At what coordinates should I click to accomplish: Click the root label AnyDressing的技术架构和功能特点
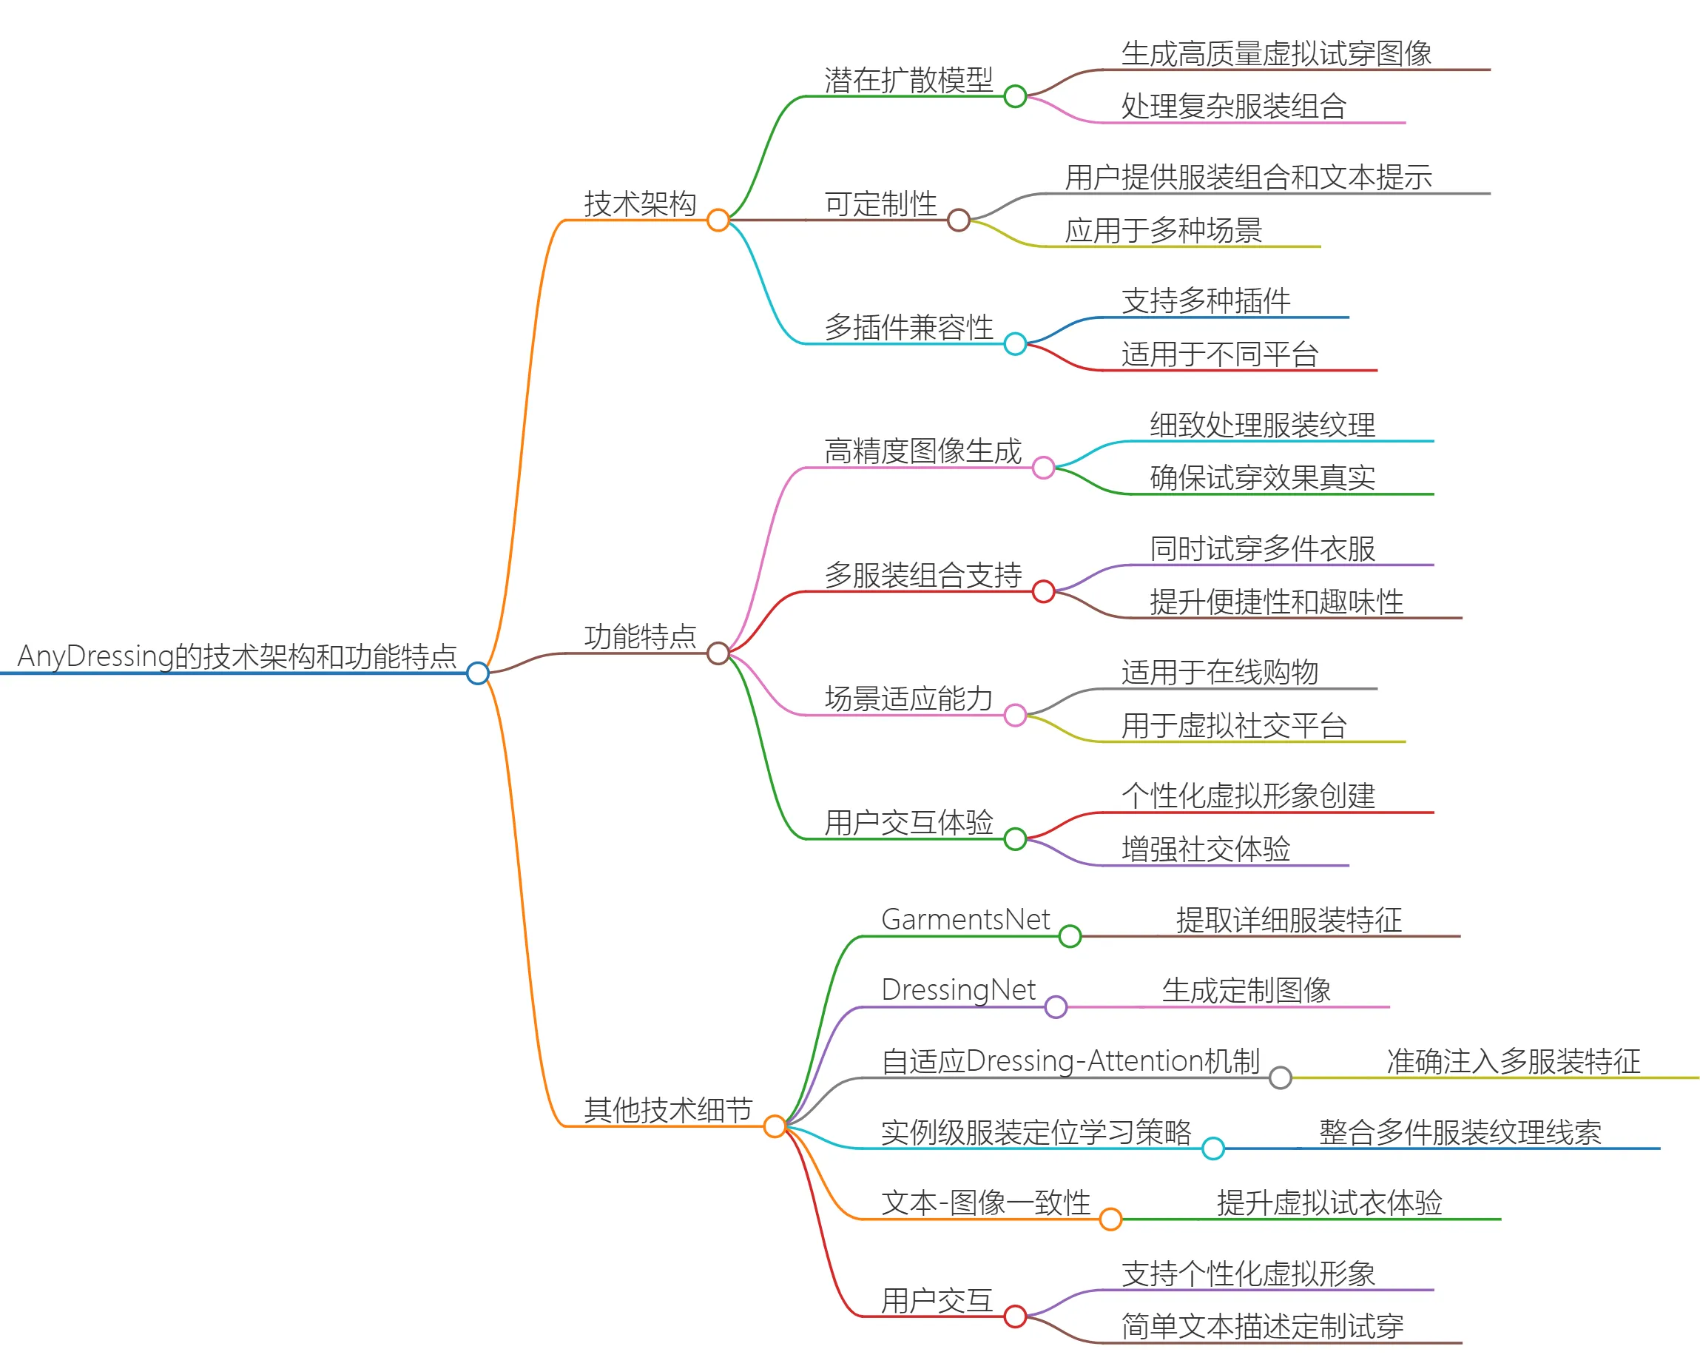tap(237, 656)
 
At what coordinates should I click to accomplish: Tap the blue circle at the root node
tap(478, 673)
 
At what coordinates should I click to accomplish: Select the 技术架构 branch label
tap(639, 203)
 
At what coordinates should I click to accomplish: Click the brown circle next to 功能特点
tap(718, 653)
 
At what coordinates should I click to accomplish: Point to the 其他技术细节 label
tap(668, 1109)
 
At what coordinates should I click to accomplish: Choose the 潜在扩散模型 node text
tap(908, 80)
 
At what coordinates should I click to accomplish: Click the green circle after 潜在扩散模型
tap(1015, 96)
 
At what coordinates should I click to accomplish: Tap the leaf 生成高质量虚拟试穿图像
tap(1276, 53)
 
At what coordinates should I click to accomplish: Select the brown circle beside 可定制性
tap(958, 220)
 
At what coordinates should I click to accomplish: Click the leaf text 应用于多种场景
tap(1163, 230)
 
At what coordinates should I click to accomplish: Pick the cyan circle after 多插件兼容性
tap(1015, 344)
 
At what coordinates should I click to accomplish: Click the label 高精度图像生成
tap(922, 451)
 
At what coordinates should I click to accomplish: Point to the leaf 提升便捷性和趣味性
tap(1276, 602)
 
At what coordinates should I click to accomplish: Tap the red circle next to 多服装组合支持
tap(1043, 591)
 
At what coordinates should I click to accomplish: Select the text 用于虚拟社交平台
tap(1233, 725)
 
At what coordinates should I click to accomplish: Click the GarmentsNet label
tap(965, 920)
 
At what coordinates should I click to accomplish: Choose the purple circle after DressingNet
tap(1056, 1007)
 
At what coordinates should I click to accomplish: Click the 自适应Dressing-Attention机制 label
tap(1070, 1061)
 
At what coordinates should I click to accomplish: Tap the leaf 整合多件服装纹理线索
tap(1460, 1132)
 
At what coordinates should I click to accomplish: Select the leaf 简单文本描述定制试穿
tap(1261, 1326)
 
